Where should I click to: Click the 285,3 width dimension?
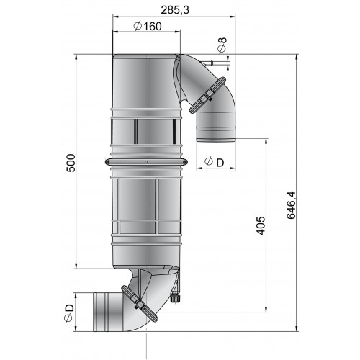179,9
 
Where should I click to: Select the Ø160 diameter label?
147,27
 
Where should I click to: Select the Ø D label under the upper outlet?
213,162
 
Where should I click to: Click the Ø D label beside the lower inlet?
68,312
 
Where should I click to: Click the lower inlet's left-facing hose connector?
104,310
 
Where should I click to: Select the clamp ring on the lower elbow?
139,303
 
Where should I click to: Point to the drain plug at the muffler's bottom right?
177,295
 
